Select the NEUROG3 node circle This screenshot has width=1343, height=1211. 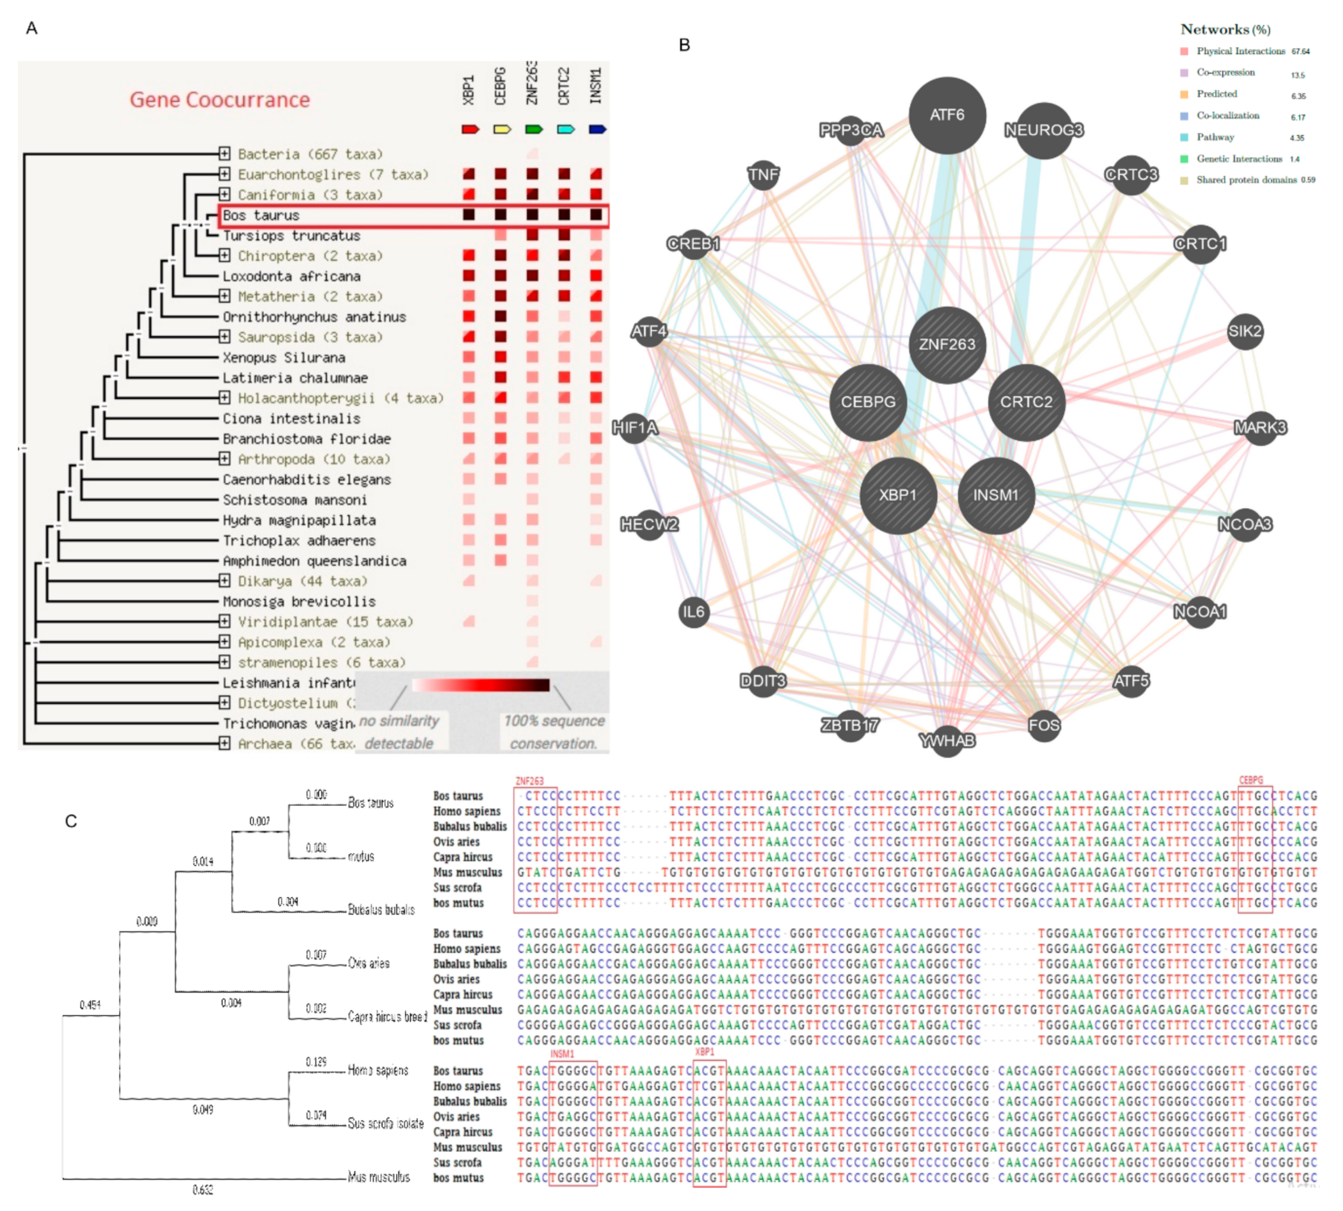tap(1043, 130)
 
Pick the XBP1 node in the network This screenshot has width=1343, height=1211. tap(898, 495)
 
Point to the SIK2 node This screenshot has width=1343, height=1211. tap(1244, 331)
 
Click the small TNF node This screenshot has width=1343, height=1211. tap(763, 175)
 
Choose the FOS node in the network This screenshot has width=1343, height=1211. tap(1043, 724)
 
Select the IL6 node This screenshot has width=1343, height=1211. tap(693, 611)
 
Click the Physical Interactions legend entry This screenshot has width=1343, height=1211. tap(1240, 51)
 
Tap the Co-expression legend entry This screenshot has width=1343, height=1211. tap(1225, 72)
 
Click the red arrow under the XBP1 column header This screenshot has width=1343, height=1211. tap(470, 129)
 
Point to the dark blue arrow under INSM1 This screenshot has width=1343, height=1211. tap(597, 129)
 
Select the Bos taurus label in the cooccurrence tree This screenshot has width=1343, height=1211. tap(261, 216)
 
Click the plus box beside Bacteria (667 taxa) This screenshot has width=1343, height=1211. tap(224, 154)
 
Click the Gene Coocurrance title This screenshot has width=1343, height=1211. tap(220, 100)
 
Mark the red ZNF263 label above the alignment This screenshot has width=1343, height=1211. tap(529, 781)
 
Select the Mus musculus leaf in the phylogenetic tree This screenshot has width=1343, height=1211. tap(378, 1177)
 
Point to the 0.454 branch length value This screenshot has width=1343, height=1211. tap(90, 1005)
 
